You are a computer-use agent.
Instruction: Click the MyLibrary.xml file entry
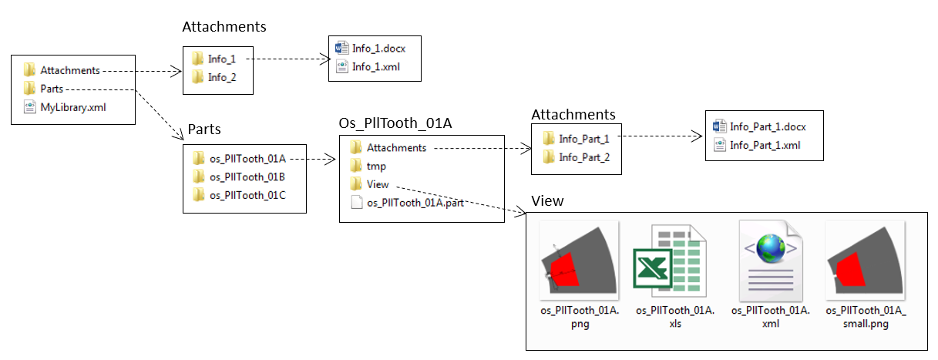tap(73, 107)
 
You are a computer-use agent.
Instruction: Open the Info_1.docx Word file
tap(378, 49)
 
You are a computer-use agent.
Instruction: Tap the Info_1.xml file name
tap(376, 67)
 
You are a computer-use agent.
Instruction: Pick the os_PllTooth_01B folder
tap(247, 177)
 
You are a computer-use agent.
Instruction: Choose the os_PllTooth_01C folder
tap(247, 195)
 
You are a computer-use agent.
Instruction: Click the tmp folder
tap(376, 166)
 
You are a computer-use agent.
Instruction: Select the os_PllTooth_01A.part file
tap(415, 203)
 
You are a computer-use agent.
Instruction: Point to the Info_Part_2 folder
tap(584, 157)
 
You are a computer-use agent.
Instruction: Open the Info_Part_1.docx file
tap(767, 126)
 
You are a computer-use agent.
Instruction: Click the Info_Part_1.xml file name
tap(765, 145)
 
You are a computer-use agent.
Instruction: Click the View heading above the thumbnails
tap(547, 201)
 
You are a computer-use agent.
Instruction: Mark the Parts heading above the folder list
tap(204, 129)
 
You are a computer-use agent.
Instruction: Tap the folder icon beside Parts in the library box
tap(30, 89)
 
